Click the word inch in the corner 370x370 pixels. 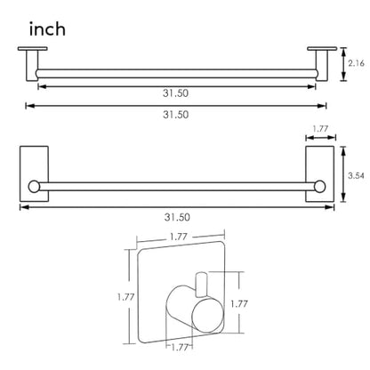pyautogui.click(x=47, y=29)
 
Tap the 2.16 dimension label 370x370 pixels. pyautogui.click(x=356, y=63)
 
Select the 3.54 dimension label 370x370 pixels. pyautogui.click(x=356, y=175)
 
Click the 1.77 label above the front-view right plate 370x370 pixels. pyautogui.click(x=320, y=129)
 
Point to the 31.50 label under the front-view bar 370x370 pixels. pyautogui.click(x=177, y=217)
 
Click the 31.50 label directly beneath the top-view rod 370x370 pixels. pyautogui.click(x=175, y=93)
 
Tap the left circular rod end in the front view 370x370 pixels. pyautogui.click(x=34, y=187)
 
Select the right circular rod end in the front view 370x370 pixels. pyautogui.click(x=319, y=187)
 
